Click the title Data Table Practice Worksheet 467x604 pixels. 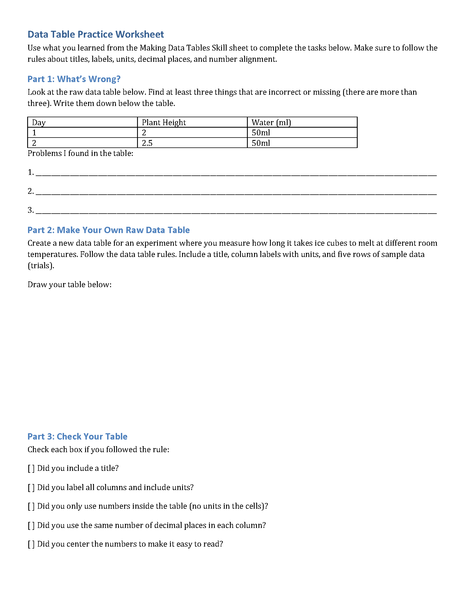click(x=96, y=34)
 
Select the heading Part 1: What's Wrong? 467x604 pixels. click(x=74, y=79)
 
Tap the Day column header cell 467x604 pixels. click(x=82, y=122)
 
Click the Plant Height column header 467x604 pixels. click(x=192, y=122)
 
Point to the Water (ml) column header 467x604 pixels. click(x=302, y=122)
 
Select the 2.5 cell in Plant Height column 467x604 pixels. click(x=192, y=143)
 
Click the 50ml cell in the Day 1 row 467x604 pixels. click(x=302, y=133)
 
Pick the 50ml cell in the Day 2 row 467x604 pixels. click(x=302, y=143)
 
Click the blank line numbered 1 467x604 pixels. click(x=236, y=173)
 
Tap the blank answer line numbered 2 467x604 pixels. click(x=236, y=192)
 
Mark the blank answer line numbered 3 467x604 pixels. click(x=236, y=211)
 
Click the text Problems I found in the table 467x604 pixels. click(x=80, y=153)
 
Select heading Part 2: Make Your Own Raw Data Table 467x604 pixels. click(x=109, y=230)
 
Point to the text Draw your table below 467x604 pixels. click(x=70, y=285)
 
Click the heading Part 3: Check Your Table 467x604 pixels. click(x=77, y=437)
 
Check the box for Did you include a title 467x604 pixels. click(x=31, y=468)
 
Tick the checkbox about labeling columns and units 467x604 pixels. click(x=31, y=488)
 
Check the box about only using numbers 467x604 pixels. click(x=31, y=506)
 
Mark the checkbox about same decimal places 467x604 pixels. click(x=31, y=525)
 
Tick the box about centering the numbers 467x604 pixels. click(x=31, y=544)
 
